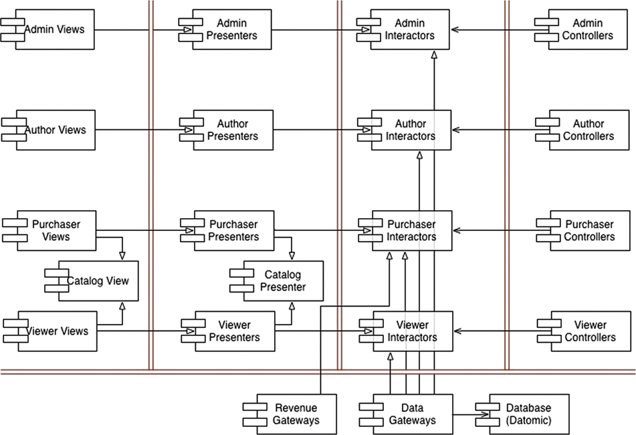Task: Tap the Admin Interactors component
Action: (410, 29)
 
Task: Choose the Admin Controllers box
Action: (589, 29)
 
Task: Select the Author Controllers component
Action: (589, 130)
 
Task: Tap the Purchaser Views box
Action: (56, 230)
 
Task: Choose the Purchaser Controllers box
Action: (589, 230)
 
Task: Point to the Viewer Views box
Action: (56, 331)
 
